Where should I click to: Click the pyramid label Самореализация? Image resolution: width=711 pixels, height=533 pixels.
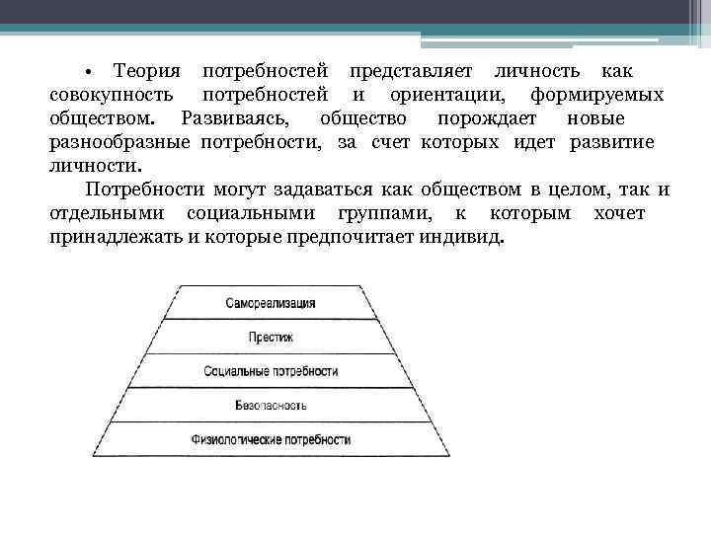pyautogui.click(x=270, y=302)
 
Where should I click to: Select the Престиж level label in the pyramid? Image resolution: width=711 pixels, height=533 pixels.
pyautogui.click(x=271, y=337)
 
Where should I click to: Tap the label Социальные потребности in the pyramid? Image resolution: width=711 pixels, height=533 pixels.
pyautogui.click(x=271, y=371)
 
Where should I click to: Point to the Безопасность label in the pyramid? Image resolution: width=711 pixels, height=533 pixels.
pyautogui.click(x=271, y=405)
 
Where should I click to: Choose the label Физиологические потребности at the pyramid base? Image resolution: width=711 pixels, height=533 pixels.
pyautogui.click(x=271, y=438)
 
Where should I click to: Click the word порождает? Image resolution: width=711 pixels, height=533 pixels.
pyautogui.click(x=487, y=119)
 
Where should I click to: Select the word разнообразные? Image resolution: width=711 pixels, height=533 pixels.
pyautogui.click(x=120, y=143)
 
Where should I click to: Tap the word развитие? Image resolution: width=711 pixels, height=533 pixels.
pyautogui.click(x=612, y=143)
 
